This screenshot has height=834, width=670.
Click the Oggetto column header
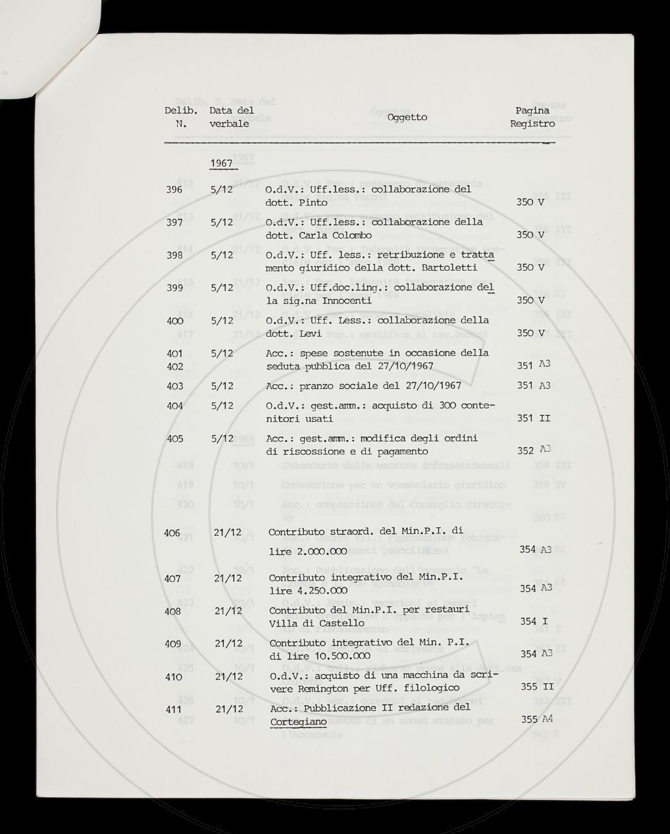point(407,117)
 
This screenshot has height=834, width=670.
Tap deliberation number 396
point(173,190)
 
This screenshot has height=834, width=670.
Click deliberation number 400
point(174,321)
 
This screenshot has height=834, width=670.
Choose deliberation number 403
point(174,386)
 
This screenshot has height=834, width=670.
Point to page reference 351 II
point(533,419)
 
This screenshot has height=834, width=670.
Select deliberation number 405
point(174,439)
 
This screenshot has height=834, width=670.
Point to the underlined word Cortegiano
point(298,722)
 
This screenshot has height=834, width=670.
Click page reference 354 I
point(533,622)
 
